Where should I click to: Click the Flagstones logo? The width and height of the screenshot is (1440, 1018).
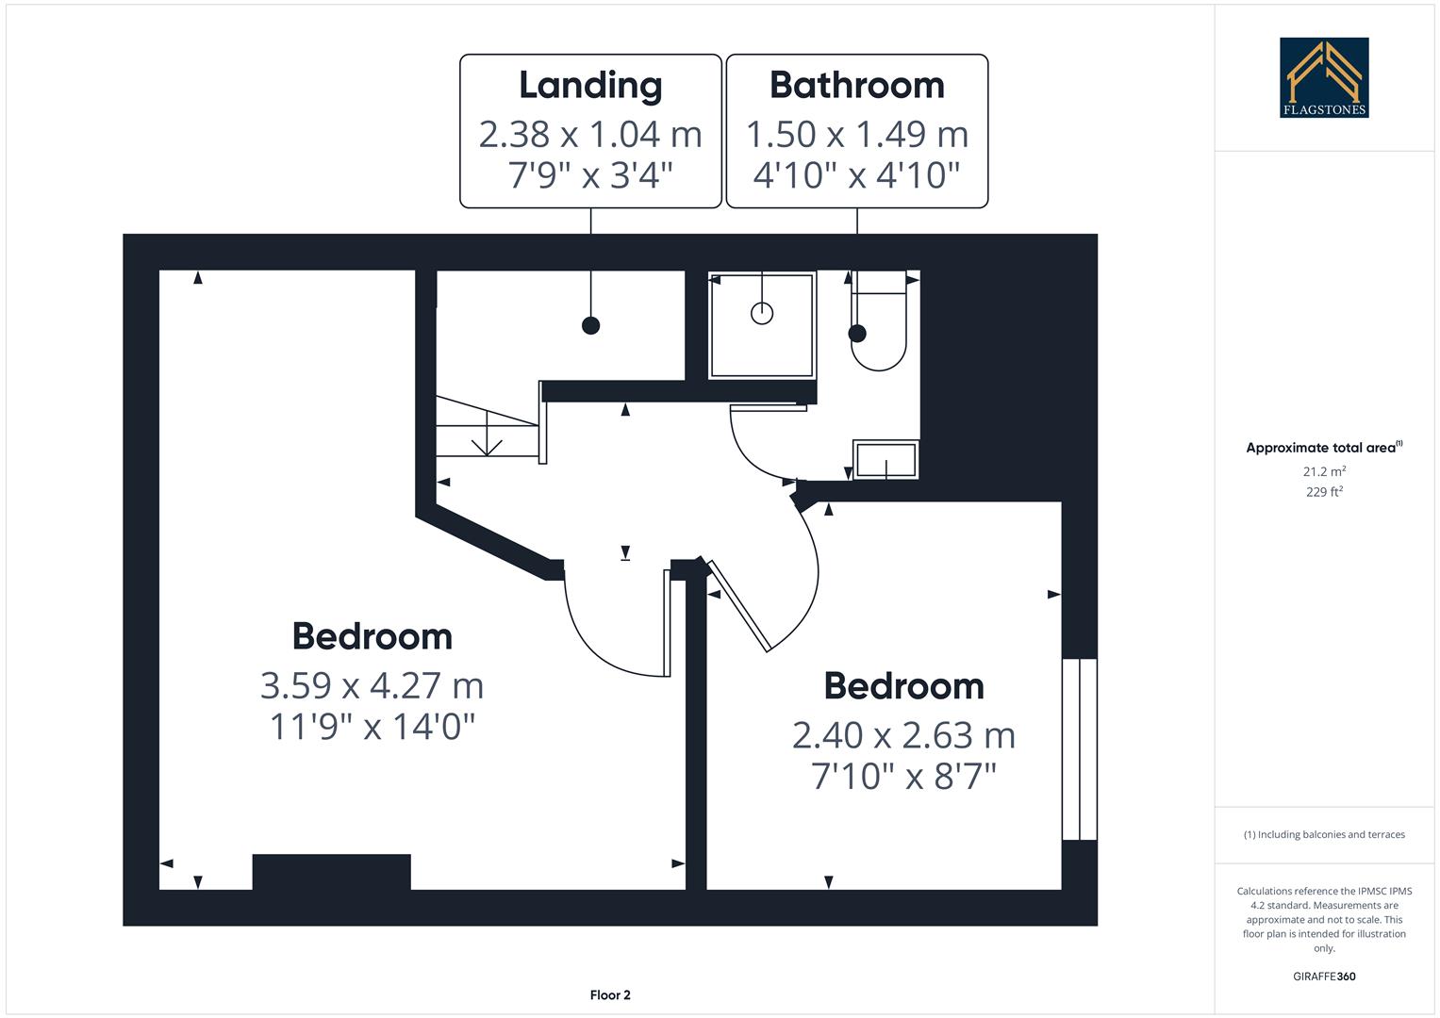click(1324, 77)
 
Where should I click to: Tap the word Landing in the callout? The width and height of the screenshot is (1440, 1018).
click(590, 85)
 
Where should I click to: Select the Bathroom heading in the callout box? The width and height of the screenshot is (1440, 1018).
click(856, 85)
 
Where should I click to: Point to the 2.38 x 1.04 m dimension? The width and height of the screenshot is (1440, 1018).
click(590, 135)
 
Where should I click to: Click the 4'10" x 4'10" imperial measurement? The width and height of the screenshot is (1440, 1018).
click(856, 174)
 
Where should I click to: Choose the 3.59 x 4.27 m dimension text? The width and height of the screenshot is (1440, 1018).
click(372, 685)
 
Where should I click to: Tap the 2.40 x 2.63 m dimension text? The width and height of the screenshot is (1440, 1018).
click(903, 735)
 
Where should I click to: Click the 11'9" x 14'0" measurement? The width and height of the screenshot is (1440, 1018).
click(372, 727)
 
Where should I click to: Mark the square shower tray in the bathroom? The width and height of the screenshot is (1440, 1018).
click(762, 325)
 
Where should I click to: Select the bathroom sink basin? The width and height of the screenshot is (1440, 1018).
click(886, 460)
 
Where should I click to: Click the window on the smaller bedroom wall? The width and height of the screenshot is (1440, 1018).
click(1080, 749)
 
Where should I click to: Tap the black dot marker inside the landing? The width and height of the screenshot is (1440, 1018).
click(590, 326)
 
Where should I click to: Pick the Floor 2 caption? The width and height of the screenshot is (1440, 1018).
click(610, 995)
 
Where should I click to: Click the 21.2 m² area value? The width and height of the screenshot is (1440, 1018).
click(1324, 471)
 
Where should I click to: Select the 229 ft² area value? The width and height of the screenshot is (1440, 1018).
click(1324, 492)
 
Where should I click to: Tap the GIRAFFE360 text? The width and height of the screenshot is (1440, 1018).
click(1324, 977)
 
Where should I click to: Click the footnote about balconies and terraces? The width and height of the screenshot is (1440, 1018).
click(1324, 835)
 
